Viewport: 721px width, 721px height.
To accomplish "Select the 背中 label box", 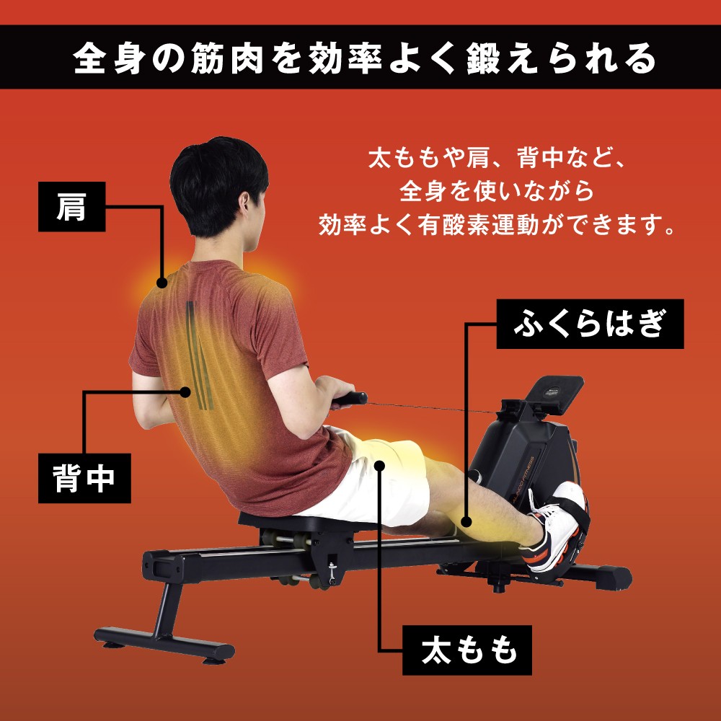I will pyautogui.click(x=84, y=477).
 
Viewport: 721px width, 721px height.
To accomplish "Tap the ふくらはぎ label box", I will pyautogui.click(x=590, y=324).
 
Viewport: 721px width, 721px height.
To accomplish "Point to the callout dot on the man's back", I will pyautogui.click(x=186, y=392).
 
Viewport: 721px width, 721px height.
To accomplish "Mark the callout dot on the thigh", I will pyautogui.click(x=381, y=466).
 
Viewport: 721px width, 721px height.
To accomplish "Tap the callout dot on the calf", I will pyautogui.click(x=467, y=518).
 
